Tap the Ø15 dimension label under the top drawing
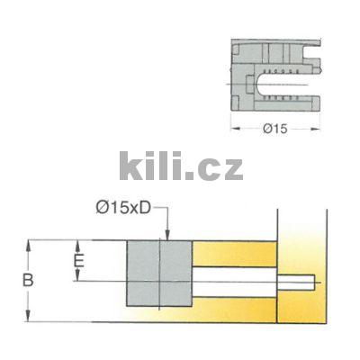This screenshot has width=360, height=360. pos(276,127)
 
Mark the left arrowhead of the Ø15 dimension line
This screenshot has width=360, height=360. pos(236,127)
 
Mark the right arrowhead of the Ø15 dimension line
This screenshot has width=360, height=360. pos(318,127)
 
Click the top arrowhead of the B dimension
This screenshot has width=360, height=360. pos(31,244)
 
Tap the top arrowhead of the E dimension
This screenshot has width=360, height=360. pos(79,244)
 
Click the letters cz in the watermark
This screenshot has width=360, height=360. pos(221,168)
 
